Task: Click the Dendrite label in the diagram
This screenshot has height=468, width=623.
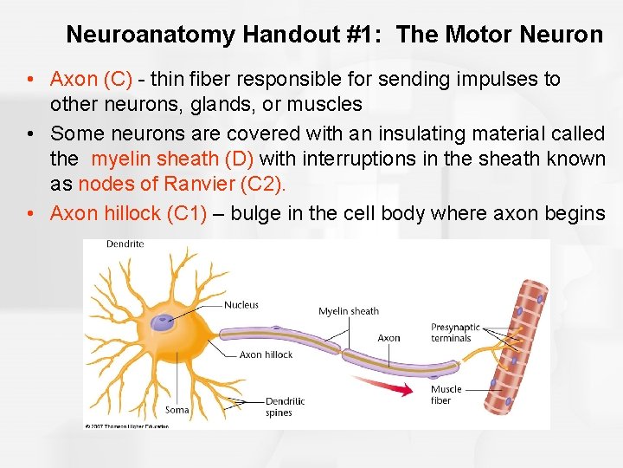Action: tap(125, 244)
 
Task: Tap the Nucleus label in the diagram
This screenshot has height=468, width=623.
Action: tap(241, 305)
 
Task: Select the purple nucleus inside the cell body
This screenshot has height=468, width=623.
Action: tap(164, 322)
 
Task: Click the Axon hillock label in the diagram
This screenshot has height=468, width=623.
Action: tap(266, 354)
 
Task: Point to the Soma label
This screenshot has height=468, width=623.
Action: tap(177, 410)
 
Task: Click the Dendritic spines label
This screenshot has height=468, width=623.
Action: tap(286, 406)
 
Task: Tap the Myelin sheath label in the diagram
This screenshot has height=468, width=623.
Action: tap(348, 311)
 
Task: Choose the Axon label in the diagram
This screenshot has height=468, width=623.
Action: tap(389, 338)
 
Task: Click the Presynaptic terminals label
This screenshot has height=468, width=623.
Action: tap(455, 333)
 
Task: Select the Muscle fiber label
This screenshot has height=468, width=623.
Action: tap(446, 394)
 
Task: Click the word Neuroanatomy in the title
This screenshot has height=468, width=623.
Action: tap(151, 35)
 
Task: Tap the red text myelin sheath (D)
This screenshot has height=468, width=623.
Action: tap(172, 159)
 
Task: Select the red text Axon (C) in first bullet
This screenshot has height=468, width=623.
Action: tap(91, 79)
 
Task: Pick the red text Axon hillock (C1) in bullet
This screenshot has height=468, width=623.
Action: tap(128, 213)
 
